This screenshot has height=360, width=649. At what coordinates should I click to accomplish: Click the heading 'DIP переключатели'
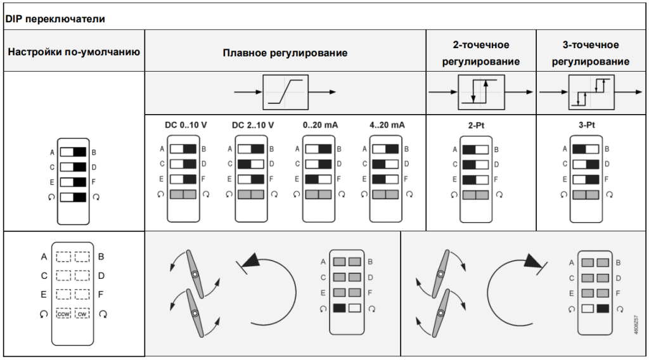pos(55,19)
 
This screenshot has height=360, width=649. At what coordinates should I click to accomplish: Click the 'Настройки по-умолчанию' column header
pos(74,52)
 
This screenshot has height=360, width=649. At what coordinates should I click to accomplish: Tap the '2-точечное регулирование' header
pos(481,53)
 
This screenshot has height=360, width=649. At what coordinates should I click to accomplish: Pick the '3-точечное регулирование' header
pos(591,53)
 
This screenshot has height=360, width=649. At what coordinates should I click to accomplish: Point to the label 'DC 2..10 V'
pos(253,125)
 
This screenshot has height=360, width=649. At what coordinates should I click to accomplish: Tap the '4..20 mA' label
pos(387,125)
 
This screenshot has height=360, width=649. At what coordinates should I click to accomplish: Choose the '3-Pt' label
pos(586,125)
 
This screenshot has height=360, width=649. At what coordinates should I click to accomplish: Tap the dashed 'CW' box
pos(82,314)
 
